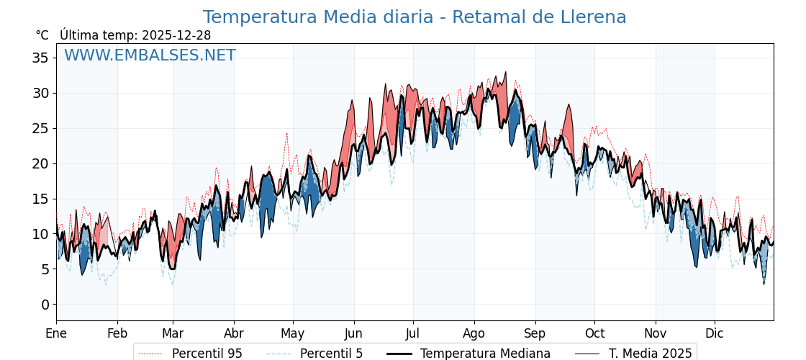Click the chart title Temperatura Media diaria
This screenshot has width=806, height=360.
(414, 17)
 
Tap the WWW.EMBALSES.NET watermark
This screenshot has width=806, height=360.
(150, 55)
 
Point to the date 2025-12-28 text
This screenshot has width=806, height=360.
(176, 35)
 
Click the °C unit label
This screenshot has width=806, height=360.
(42, 35)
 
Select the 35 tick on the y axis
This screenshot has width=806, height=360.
(40, 58)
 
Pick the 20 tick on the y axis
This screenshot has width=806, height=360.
(40, 163)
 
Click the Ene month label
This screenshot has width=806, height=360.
(56, 333)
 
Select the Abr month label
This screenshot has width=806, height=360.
(234, 333)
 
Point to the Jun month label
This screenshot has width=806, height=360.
(353, 333)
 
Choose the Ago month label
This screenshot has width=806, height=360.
(474, 333)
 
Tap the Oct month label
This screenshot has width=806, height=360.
(594, 333)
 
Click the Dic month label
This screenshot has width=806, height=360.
(715, 333)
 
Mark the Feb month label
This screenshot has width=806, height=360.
(117, 333)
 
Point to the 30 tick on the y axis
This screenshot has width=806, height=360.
(40, 93)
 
